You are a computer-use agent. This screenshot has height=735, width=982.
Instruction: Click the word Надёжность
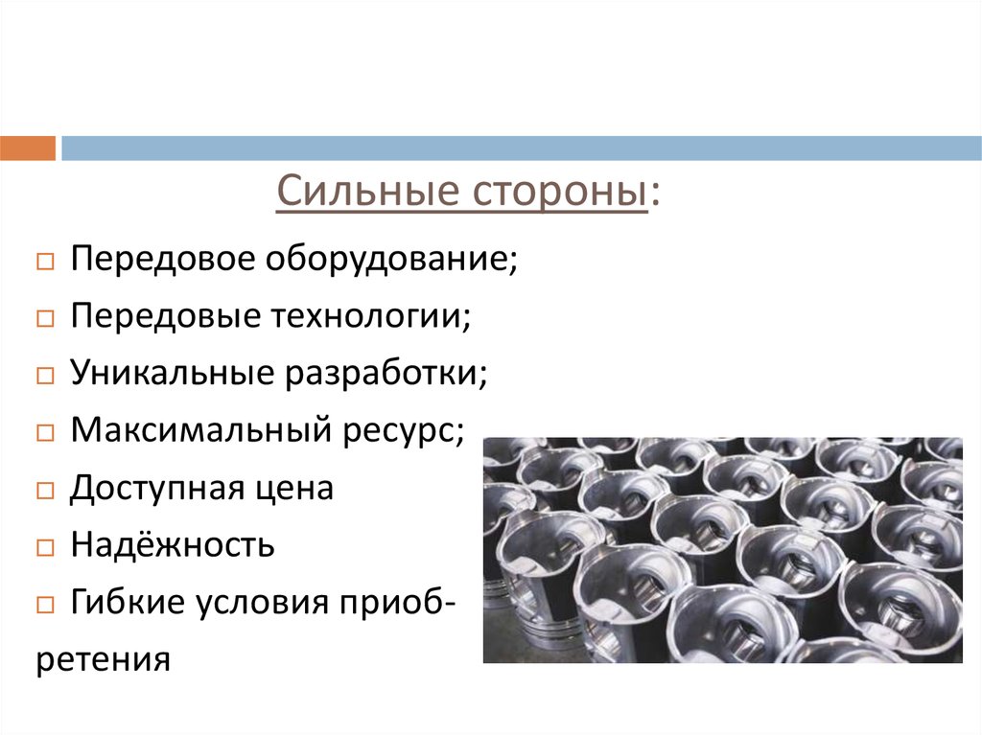point(173,545)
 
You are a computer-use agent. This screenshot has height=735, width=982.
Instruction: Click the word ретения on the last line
point(104,660)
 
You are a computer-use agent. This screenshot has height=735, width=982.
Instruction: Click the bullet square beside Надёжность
point(45,548)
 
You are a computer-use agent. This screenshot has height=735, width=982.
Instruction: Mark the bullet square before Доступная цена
point(45,491)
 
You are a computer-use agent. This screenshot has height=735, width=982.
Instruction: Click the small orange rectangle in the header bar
point(28,149)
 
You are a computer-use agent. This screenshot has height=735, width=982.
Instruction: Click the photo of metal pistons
point(722,550)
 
